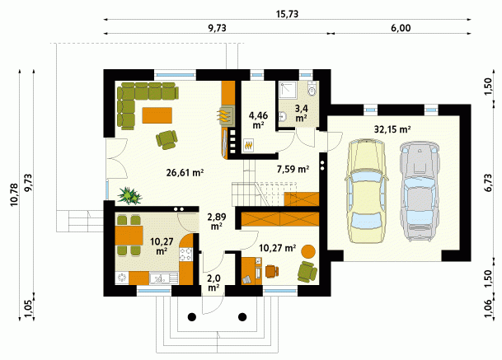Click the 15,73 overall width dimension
pyautogui.click(x=287, y=14)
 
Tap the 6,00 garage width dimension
pyautogui.click(x=401, y=28)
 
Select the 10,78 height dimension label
pyautogui.click(x=14, y=194)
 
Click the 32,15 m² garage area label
pyautogui.click(x=392, y=129)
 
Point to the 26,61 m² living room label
pyautogui.click(x=185, y=173)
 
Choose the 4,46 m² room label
pyautogui.click(x=258, y=119)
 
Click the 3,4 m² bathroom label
pyautogui.click(x=301, y=113)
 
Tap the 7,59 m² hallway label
pyautogui.click(x=293, y=169)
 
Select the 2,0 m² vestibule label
pyautogui.click(x=213, y=283)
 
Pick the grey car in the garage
pyautogui.click(x=419, y=191)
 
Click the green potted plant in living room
pyautogui.click(x=129, y=195)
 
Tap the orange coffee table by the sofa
pyautogui.click(x=157, y=115)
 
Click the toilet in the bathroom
pyautogui.click(x=312, y=89)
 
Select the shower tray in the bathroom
pyautogui.click(x=288, y=90)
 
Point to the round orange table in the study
pyautogui.click(x=308, y=251)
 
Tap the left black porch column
pyautogui.click(x=192, y=317)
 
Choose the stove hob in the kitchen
pyautogui.click(x=185, y=255)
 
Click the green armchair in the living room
pyautogui.click(x=167, y=139)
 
